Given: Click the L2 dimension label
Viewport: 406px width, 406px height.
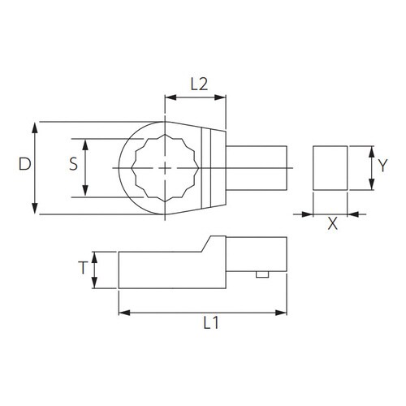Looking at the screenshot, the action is pyautogui.click(x=199, y=84).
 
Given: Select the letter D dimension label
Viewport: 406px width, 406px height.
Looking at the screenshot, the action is pyautogui.click(x=25, y=164).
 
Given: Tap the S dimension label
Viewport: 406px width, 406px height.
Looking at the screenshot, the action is pyautogui.click(x=73, y=164).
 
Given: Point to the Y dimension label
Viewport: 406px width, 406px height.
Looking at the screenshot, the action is pyautogui.click(x=382, y=166).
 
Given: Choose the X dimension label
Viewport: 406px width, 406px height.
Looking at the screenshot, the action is pyautogui.click(x=333, y=224).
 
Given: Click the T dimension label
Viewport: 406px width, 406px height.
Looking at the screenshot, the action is pyautogui.click(x=83, y=268).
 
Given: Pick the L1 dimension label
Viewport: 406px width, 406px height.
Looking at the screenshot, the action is pyautogui.click(x=211, y=322).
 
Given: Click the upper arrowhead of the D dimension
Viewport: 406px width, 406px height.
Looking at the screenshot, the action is pyautogui.click(x=35, y=127).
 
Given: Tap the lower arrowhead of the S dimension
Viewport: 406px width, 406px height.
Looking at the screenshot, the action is pyautogui.click(x=85, y=191).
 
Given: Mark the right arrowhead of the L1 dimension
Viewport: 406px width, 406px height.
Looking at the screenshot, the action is pyautogui.click(x=281, y=313).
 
